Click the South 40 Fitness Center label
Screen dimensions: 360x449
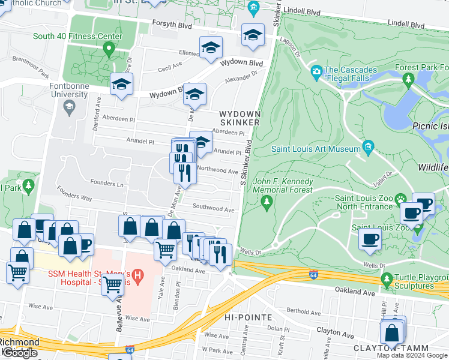pyautogui.click(x=77, y=36)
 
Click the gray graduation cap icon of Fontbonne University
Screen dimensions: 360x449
pyautogui.click(x=69, y=107)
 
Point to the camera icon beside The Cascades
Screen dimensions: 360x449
pyautogui.click(x=316, y=73)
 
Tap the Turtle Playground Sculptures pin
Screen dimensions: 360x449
pyautogui.click(x=387, y=280)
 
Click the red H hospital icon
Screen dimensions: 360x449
pyautogui.click(x=138, y=277)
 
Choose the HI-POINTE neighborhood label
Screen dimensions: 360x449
pyautogui.click(x=248, y=317)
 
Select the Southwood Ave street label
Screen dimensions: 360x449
pyautogui.click(x=213, y=209)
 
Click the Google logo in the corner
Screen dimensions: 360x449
pyautogui.click(x=20, y=353)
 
